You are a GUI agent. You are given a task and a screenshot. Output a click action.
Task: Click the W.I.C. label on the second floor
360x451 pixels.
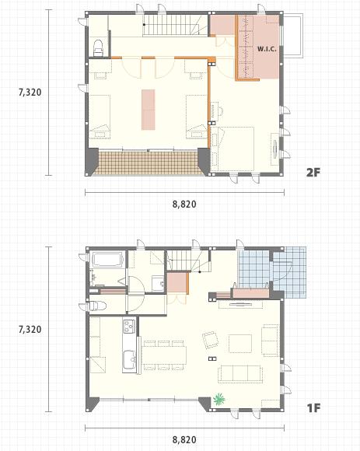tap(267, 49)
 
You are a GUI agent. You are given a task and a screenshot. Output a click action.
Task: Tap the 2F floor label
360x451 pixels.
tap(313, 172)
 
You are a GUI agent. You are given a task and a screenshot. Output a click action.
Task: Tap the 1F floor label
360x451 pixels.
tap(313, 407)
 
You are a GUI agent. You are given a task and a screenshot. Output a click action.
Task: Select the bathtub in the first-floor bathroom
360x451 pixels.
tap(107, 260)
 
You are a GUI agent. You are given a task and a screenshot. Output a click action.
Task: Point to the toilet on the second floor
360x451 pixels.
tap(98, 48)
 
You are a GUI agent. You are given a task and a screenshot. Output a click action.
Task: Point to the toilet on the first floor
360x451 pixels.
tap(97, 306)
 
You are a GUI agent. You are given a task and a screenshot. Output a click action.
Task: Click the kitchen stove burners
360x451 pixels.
tap(129, 326)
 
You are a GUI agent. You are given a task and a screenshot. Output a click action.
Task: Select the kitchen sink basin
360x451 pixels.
tap(130, 360)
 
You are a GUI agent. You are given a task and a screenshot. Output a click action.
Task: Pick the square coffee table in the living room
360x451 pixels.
tap(240, 344)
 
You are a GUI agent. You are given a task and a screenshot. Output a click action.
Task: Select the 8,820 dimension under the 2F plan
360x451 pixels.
tap(184, 205)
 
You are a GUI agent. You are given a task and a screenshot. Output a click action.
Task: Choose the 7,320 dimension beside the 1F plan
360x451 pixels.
tap(30, 330)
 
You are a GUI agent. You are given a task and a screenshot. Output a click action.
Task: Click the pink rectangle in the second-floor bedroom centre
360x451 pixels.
tap(148, 110)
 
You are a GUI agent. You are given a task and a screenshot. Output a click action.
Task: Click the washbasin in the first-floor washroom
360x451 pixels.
tap(158, 284)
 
